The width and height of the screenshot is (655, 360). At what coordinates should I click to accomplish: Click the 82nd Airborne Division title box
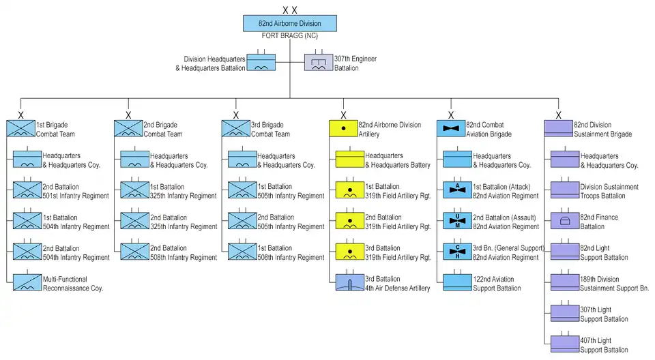pos(290,23)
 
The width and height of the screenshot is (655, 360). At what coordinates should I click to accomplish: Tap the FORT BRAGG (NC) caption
pos(290,35)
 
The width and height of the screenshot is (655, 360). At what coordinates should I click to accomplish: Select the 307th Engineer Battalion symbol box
pos(319,63)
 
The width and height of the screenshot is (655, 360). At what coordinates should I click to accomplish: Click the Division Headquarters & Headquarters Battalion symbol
pos(261,63)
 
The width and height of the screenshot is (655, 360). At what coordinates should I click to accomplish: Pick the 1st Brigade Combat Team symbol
pos(20,129)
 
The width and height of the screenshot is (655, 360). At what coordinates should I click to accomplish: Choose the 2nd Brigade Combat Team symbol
pos(128,129)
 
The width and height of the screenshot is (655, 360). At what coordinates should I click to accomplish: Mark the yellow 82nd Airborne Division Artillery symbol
pos(343,129)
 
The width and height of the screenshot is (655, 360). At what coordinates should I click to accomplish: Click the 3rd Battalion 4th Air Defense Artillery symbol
pos(350,283)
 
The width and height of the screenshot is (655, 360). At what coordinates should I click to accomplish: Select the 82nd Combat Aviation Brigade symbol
pos(450,129)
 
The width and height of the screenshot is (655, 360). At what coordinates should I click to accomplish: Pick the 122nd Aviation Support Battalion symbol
pos(457,283)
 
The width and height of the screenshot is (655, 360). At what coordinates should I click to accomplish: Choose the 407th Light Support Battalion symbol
pos(565,344)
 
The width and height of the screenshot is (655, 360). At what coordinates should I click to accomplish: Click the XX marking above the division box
pos(290,10)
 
